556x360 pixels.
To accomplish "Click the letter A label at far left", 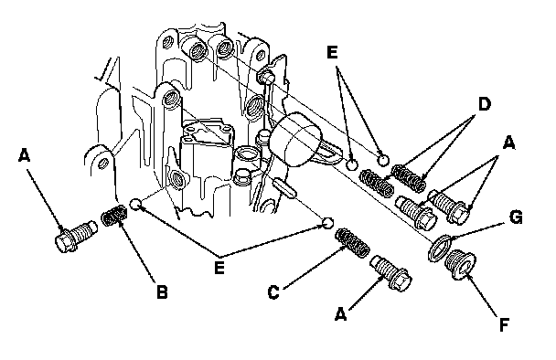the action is coord(24,155).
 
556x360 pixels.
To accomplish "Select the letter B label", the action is coord(162,292).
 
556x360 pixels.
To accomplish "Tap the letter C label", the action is coord(273,292).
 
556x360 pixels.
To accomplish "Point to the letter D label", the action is coord(484,104).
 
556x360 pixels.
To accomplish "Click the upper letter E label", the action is coord(332,52).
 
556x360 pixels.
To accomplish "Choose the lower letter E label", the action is coord(219,268).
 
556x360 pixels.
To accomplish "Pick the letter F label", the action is coord(504,325).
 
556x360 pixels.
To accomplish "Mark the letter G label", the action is coord(516,217).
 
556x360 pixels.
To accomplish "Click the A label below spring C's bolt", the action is coord(340,314).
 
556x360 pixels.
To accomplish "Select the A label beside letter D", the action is coord(508,143).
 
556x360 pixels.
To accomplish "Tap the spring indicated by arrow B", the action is coord(114,216).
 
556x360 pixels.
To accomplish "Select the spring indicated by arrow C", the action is coord(352,243).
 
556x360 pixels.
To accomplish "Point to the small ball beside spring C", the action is coord(327,223).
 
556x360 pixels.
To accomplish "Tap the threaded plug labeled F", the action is coord(460,264).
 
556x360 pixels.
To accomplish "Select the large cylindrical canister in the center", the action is coord(295,139).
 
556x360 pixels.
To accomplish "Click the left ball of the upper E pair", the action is coord(351,164).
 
